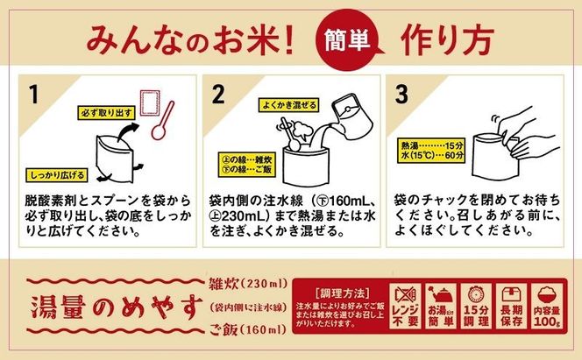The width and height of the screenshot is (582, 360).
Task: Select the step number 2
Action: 219,94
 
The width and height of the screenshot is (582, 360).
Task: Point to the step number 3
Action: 402,94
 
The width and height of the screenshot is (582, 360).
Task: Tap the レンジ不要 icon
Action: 408,307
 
